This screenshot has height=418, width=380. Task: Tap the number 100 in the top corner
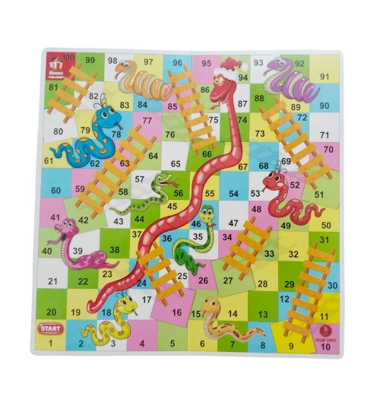coord(68,58)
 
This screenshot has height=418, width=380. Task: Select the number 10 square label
coord(325,347)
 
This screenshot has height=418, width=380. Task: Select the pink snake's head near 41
coord(66,226)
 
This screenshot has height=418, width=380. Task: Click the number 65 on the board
coord(176,163)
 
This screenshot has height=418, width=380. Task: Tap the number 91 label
coord(325,76)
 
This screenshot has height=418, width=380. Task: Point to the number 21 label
coord(52,281)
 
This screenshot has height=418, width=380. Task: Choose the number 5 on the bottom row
coord(173,344)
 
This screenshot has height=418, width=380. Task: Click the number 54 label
coord(235,194)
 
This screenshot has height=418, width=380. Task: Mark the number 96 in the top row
coord(177,62)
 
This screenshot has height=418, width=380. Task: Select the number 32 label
coord(294,254)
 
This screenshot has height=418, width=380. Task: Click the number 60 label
coord(55,191)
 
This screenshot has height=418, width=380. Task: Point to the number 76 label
coord(170,135)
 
